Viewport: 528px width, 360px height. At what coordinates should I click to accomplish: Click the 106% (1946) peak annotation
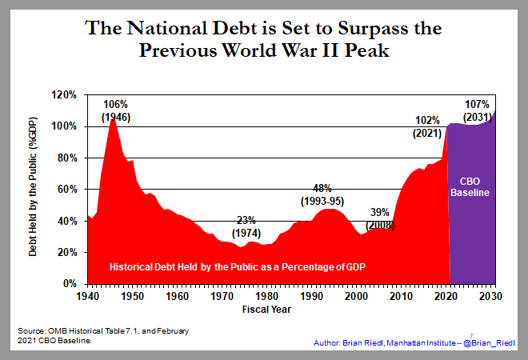coord(115,111)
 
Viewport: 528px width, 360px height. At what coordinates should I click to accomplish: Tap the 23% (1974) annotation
coord(246,226)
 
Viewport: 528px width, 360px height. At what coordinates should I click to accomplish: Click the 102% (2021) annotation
coord(427,127)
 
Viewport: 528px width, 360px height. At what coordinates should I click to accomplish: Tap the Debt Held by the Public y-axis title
coord(34,188)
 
